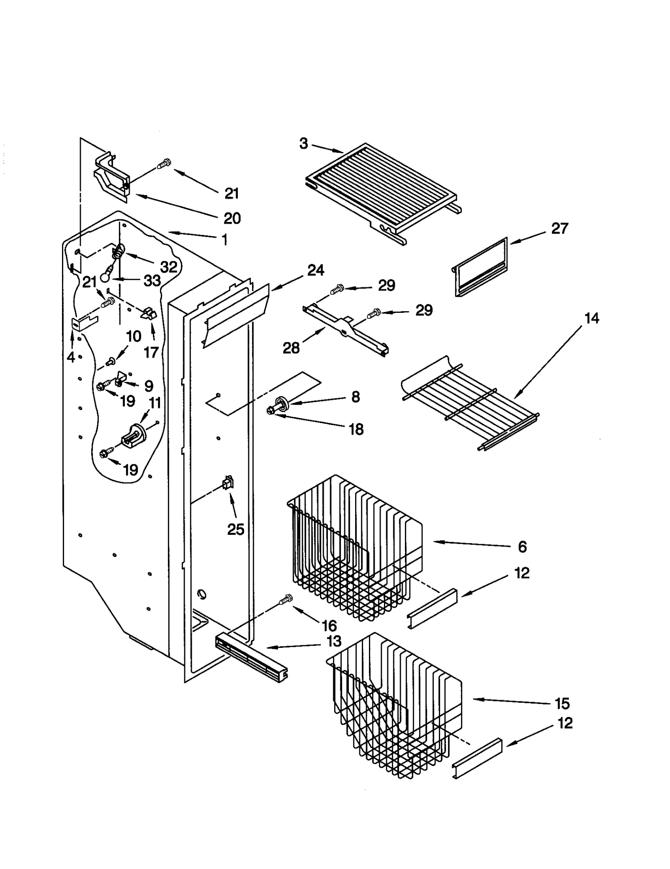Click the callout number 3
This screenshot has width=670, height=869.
pyautogui.click(x=304, y=144)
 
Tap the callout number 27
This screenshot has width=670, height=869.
pyautogui.click(x=559, y=229)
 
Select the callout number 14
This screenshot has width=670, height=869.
pyautogui.click(x=591, y=318)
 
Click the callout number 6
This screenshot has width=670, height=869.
pyautogui.click(x=522, y=547)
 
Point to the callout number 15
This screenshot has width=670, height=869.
pyautogui.click(x=562, y=704)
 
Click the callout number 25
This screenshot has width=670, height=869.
pyautogui.click(x=235, y=529)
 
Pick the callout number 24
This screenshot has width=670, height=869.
pyautogui.click(x=315, y=271)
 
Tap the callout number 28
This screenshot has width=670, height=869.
pyautogui.click(x=291, y=348)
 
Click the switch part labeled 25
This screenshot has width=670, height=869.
pyautogui.click(x=228, y=483)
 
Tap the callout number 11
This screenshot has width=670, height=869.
pyautogui.click(x=155, y=403)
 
